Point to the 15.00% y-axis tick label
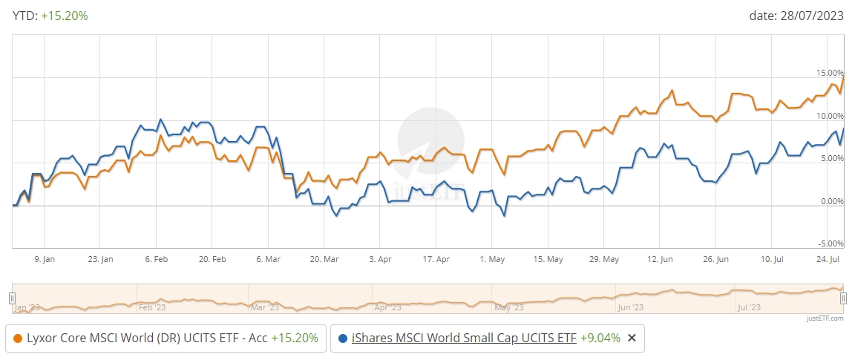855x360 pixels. click(829, 73)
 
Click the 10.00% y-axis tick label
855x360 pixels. click(829, 117)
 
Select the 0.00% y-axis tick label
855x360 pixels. click(831, 201)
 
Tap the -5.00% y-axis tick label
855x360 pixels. click(831, 243)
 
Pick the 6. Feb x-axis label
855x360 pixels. click(156, 260)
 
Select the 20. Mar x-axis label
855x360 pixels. click(324, 260)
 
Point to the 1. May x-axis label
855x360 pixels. click(492, 260)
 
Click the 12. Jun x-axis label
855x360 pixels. click(660, 260)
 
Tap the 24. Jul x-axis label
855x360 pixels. click(828, 260)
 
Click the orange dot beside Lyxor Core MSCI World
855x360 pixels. click(18, 338)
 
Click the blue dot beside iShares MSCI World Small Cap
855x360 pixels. click(343, 338)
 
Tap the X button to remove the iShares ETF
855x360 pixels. click(632, 338)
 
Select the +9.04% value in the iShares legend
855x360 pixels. click(600, 338)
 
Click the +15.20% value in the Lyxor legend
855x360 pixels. click(294, 338)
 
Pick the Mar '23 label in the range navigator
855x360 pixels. click(265, 307)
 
